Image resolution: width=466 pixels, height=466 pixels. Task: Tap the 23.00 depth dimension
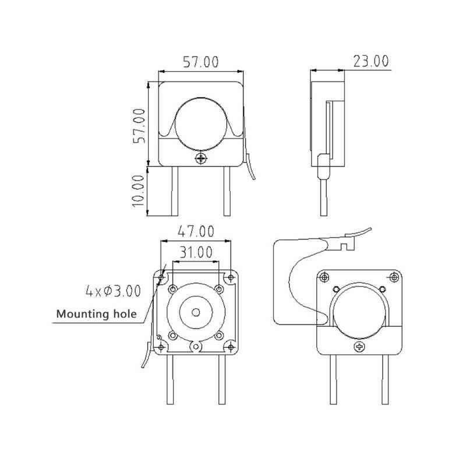pyautogui.click(x=369, y=61)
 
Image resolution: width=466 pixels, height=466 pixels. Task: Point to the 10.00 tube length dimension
pyautogui.click(x=138, y=190)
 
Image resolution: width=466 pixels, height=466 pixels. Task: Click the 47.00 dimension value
pyautogui.click(x=196, y=231)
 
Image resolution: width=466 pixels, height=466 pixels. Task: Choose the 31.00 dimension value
pyautogui.click(x=196, y=253)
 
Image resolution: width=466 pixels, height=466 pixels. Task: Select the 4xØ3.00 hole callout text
pyautogui.click(x=113, y=290)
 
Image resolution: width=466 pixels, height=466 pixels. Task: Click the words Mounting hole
pyautogui.click(x=96, y=315)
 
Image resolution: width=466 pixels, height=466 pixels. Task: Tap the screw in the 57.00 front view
pyautogui.click(x=202, y=158)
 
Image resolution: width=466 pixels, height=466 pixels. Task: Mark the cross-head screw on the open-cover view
pyautogui.click(x=359, y=347)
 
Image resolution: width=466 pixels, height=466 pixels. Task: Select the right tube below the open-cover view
pyautogui.click(x=385, y=379)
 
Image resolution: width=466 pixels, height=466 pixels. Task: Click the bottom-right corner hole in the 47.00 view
pyautogui.click(x=231, y=348)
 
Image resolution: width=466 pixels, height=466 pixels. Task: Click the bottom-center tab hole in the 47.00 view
pyautogui.click(x=196, y=348)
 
